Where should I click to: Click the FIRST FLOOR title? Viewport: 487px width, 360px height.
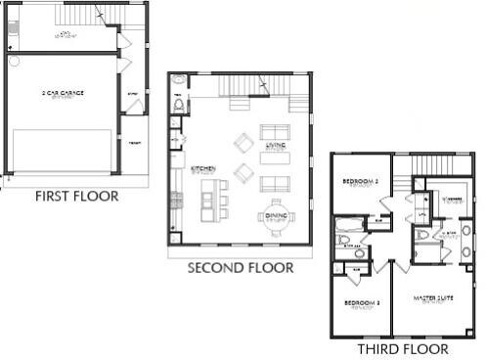pyautogui.click(x=76, y=196)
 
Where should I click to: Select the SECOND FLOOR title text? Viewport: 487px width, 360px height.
pyautogui.click(x=240, y=266)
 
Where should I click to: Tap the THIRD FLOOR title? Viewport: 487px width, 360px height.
pyautogui.click(x=402, y=348)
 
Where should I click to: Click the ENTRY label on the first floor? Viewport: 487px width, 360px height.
pyautogui.click(x=133, y=94)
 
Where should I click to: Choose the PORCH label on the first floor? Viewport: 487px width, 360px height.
pyautogui.click(x=135, y=143)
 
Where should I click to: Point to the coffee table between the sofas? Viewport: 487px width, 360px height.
pyautogui.click(x=274, y=158)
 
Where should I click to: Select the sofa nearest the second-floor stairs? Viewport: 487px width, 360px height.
pyautogui.click(x=273, y=131)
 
